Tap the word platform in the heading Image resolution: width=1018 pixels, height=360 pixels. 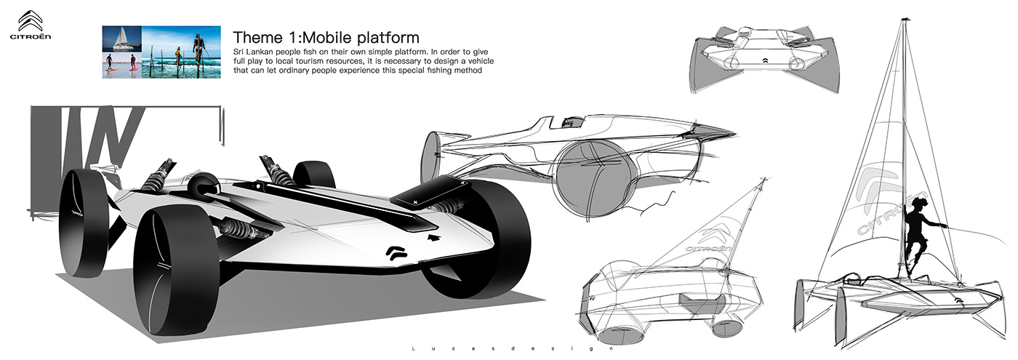[388, 37]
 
